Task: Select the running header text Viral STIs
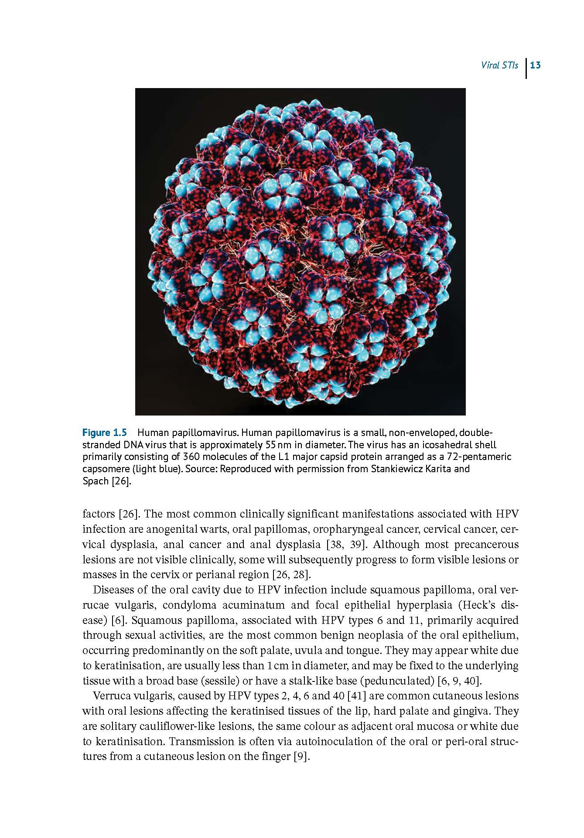tap(500, 65)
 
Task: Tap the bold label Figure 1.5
tap(105, 433)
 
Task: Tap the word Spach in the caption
tap(96, 481)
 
